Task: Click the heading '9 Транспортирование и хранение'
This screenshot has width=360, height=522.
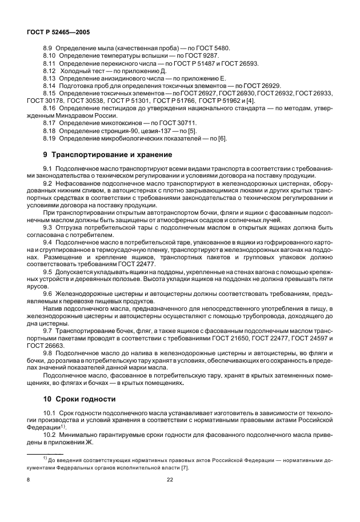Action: pyautogui.click(x=99, y=155)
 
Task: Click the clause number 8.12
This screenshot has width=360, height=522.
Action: pyautogui.click(x=50, y=71)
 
